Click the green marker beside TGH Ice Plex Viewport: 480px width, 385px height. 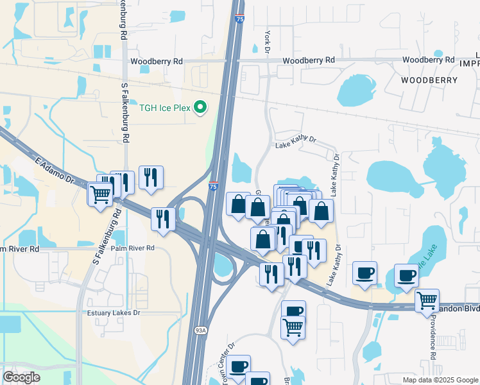click(x=200, y=108)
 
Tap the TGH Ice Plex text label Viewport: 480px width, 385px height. click(x=165, y=108)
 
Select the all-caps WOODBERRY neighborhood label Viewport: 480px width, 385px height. click(x=429, y=80)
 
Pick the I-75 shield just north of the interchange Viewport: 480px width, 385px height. click(x=213, y=186)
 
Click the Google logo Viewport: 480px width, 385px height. click(x=21, y=377)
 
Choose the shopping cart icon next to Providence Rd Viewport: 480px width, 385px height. click(x=427, y=299)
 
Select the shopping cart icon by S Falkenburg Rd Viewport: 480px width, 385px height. click(x=100, y=193)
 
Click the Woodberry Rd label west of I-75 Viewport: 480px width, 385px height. click(x=156, y=62)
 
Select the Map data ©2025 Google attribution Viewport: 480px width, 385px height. click(x=440, y=380)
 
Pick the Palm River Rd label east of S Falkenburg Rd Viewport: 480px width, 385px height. click(x=132, y=248)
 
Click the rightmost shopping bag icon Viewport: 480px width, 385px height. click(x=321, y=210)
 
